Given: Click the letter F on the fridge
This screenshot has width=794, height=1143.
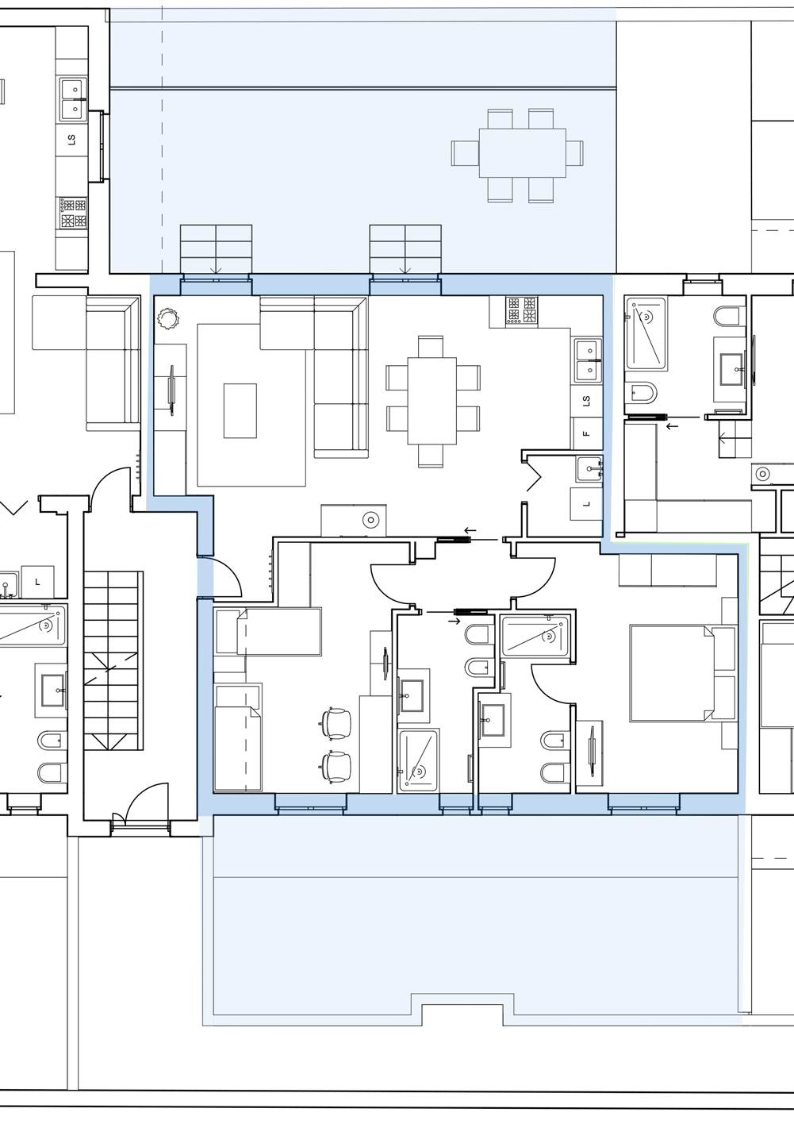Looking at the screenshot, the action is point(586,433).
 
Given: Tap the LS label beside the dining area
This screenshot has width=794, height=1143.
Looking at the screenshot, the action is point(586,401).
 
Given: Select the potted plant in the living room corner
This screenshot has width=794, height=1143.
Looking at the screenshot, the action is point(168,318).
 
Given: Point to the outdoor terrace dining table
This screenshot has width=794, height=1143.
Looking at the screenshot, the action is point(522,152).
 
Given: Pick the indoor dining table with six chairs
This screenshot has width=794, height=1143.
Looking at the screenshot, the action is point(432,401).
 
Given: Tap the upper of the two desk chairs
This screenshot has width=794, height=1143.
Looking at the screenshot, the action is point(336,722).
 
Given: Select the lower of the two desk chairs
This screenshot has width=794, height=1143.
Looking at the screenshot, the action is point(336,765).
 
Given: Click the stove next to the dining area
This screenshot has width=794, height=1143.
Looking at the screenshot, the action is point(521,310).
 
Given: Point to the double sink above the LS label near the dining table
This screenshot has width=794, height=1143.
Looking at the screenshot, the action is point(588,360).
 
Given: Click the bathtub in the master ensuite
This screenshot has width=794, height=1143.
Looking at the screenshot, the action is point(535,636).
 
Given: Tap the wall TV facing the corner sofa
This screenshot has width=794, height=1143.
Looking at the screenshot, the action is point(172,391).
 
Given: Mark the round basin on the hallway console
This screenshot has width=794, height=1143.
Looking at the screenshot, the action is point(370,521).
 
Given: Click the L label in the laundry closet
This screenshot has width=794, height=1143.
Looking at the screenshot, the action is point(586,504).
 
